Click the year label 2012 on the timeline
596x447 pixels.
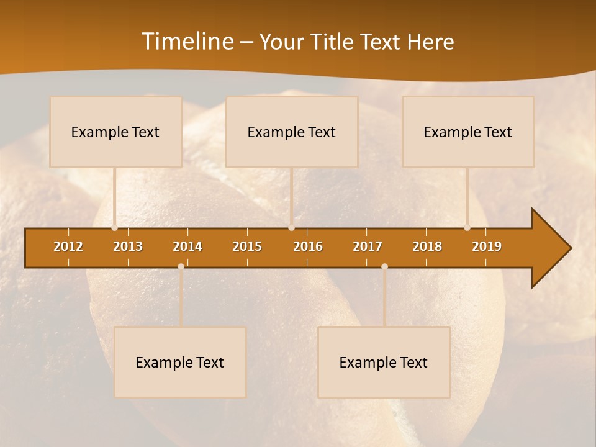click(x=68, y=246)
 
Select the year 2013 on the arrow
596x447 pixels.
click(x=128, y=246)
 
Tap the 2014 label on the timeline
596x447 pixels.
click(x=187, y=246)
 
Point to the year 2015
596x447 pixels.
click(x=247, y=246)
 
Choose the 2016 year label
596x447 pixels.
click(x=308, y=246)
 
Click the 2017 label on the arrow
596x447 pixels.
click(x=368, y=246)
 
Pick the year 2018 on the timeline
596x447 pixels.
click(x=427, y=246)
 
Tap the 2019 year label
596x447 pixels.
click(x=487, y=246)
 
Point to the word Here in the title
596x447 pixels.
click(x=430, y=42)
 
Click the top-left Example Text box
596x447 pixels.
click(x=115, y=132)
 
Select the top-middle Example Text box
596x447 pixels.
click(x=292, y=132)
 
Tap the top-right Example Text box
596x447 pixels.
click(x=468, y=132)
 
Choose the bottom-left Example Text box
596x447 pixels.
click(x=180, y=362)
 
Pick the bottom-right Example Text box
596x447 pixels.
click(x=384, y=362)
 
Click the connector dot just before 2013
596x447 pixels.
click(x=114, y=228)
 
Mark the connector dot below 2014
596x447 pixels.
click(x=181, y=266)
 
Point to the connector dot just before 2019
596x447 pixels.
click(x=467, y=228)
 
